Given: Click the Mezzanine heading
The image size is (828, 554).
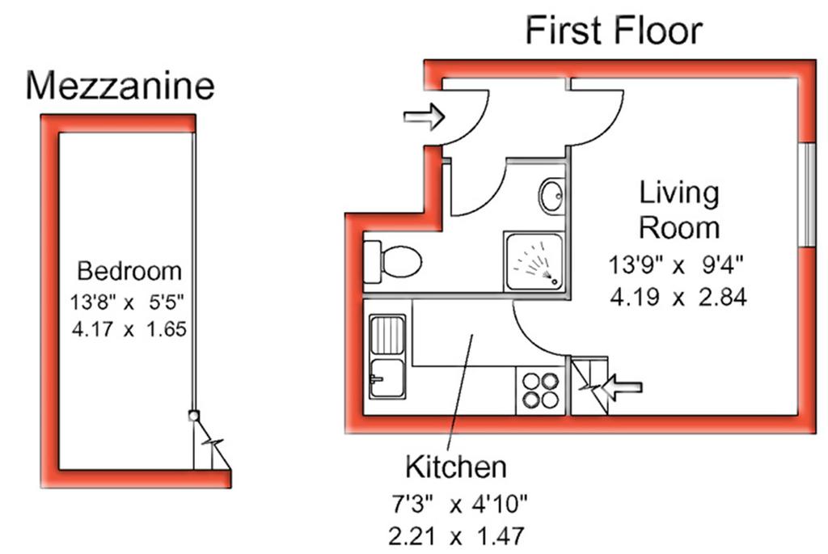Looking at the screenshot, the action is (120, 86).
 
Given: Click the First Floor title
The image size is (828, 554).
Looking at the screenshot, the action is (614, 31).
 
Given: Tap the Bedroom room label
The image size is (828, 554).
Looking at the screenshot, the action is (129, 271).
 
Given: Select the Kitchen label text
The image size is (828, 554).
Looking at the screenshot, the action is (456, 467).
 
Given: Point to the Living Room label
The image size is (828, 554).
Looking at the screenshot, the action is (679, 210).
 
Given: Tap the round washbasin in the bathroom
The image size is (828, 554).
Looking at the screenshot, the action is (552, 196).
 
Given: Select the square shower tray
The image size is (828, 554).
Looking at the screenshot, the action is (534, 261).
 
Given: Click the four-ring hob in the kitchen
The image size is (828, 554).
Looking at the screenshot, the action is (540, 391).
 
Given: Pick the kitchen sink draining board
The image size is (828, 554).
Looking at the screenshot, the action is (387, 335).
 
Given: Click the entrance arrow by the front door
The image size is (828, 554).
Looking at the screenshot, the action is (424, 116).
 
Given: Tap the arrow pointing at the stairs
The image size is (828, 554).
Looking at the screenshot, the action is (622, 387).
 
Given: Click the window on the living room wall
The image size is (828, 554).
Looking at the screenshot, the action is (807, 195).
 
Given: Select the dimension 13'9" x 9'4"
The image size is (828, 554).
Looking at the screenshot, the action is (676, 264).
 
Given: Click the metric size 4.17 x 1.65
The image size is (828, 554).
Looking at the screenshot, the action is (129, 329).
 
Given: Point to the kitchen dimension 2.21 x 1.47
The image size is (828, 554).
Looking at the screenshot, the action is (456, 536).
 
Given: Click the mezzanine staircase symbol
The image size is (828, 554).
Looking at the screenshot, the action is (210, 442).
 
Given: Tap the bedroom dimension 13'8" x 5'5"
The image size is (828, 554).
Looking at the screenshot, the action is (127, 302).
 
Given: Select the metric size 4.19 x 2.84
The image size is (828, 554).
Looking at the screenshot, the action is (678, 297).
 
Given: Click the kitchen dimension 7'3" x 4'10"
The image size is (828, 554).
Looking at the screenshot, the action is (458, 505).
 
